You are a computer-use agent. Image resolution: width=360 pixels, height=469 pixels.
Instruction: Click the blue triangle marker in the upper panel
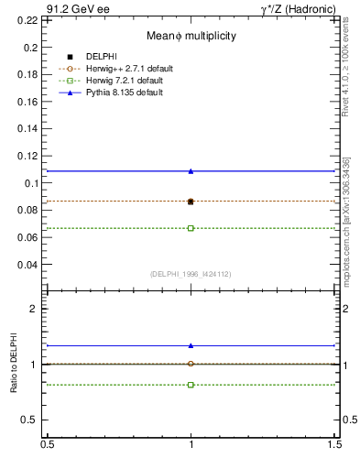click(x=191, y=170)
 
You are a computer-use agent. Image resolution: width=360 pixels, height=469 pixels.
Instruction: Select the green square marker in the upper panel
click(x=191, y=228)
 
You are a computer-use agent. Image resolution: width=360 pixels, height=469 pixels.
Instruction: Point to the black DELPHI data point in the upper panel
click(x=191, y=202)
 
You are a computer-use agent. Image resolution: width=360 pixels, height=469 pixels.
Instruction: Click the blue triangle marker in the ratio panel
click(x=191, y=345)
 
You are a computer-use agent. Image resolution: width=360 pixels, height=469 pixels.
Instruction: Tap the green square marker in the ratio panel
click(x=191, y=385)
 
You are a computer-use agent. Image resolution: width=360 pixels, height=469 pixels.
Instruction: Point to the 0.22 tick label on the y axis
click(x=29, y=19)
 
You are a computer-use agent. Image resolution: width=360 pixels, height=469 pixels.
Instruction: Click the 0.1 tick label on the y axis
click(x=32, y=183)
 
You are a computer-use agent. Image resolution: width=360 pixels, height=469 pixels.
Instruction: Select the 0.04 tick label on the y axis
click(x=29, y=265)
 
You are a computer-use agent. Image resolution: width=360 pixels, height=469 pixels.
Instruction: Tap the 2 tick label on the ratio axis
click(x=34, y=309)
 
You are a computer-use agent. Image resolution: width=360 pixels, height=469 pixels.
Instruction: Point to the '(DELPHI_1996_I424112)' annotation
click(x=191, y=274)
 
